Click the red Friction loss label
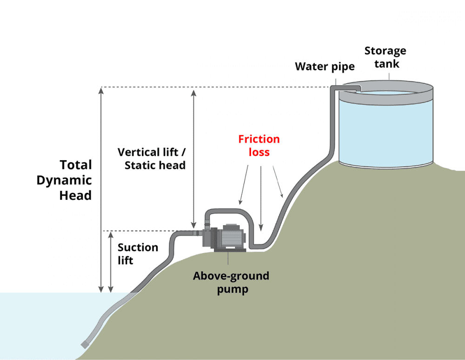coord(259,145)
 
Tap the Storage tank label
coord(385,57)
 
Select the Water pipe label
coord(325,66)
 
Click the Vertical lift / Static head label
coord(152,158)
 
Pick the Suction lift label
coord(138,254)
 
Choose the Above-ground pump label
coord(231,282)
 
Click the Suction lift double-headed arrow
coord(111,262)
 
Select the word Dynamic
coord(64,180)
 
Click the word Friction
coord(259,139)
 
